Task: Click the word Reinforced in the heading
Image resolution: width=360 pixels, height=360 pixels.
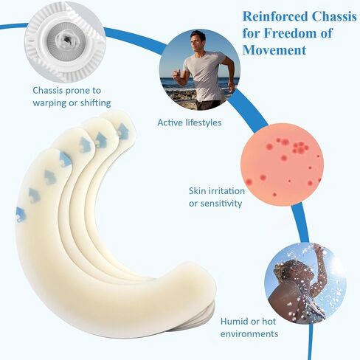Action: (x=275, y=17)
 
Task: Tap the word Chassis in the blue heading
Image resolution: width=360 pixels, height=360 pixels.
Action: (x=334, y=17)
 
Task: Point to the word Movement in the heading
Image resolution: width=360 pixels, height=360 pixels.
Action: (x=274, y=50)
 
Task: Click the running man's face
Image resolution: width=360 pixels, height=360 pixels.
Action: (x=198, y=41)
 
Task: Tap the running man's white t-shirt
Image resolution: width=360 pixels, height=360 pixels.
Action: (x=204, y=74)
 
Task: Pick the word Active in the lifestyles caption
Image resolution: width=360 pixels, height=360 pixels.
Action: (x=170, y=122)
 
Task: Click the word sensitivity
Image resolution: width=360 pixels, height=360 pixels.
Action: (x=221, y=204)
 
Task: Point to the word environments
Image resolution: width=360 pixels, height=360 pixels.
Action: (x=249, y=334)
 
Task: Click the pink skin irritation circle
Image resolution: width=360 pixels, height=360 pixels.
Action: (x=282, y=165)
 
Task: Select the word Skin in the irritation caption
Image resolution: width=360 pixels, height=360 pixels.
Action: (x=197, y=191)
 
